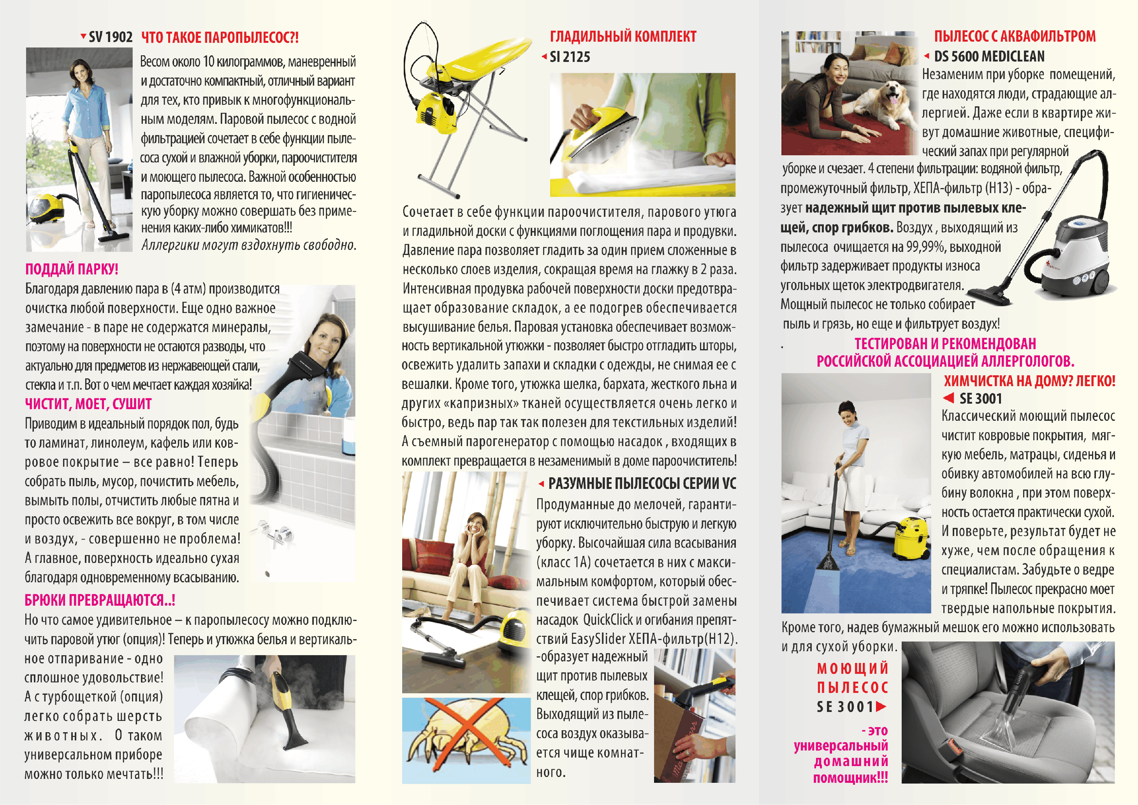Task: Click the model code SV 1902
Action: pos(110,37)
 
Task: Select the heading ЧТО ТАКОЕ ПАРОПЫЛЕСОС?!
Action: pos(220,38)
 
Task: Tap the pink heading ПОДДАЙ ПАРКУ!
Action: pos(72,269)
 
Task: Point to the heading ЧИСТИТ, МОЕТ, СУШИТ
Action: pos(88,404)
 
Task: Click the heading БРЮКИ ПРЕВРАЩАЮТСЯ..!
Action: pos(100,600)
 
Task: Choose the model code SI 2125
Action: pos(570,57)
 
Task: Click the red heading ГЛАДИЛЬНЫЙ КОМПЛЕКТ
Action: pos(623,36)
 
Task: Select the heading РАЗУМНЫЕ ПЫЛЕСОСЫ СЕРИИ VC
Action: pos(642,484)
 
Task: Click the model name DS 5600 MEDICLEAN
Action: pos(989,56)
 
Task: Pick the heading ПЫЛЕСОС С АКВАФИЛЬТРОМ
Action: pos(1015,36)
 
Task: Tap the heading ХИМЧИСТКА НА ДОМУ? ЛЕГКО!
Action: pos(1029,381)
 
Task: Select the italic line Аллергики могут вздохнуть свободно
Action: pos(249,245)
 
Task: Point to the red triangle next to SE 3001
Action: pos(948,398)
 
